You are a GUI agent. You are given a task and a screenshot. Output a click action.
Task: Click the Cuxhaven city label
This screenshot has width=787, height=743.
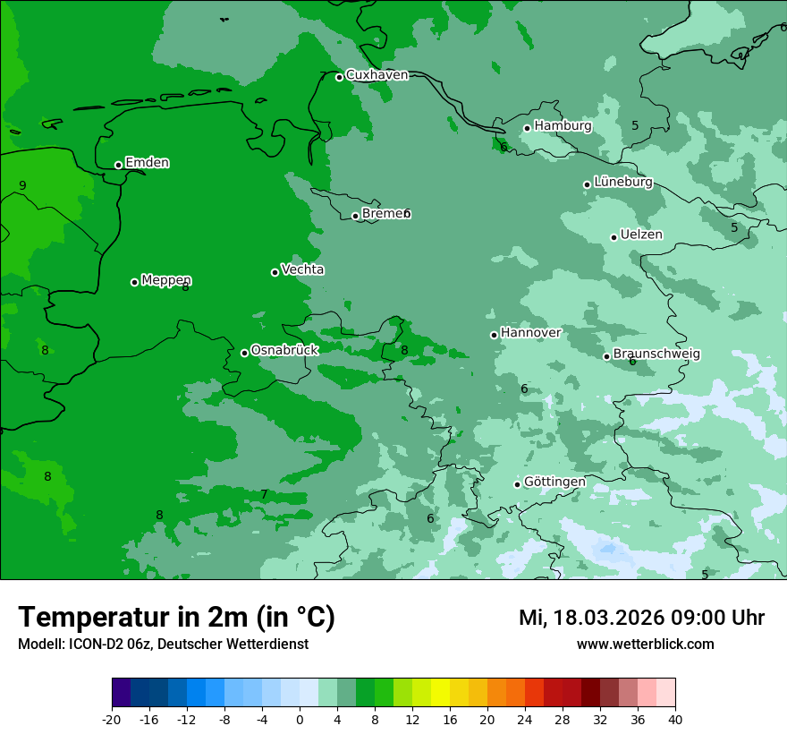(x=377, y=75)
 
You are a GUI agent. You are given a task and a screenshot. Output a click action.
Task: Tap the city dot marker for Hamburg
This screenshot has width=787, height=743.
(x=528, y=128)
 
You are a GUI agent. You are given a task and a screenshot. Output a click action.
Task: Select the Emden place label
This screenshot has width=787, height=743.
(x=147, y=163)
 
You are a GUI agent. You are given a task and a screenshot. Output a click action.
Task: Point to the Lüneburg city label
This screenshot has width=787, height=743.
(x=622, y=182)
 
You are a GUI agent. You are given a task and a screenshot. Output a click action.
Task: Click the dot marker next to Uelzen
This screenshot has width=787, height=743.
(x=614, y=237)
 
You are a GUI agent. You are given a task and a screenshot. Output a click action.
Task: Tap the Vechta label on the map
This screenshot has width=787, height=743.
(x=302, y=269)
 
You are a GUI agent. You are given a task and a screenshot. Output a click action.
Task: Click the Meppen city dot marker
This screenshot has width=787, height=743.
(x=134, y=282)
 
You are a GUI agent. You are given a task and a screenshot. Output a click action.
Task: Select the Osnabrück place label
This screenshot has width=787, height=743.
(x=284, y=350)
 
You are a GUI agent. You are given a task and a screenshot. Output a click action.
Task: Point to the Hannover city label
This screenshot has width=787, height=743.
(x=530, y=333)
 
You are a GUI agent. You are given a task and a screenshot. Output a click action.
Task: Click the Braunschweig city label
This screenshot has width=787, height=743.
(x=656, y=354)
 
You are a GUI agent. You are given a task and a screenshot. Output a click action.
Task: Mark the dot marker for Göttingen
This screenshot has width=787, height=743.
(x=517, y=484)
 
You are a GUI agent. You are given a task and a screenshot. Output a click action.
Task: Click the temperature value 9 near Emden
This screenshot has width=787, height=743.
(x=22, y=186)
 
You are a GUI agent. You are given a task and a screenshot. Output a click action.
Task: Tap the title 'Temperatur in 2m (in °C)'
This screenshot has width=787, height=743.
(x=176, y=617)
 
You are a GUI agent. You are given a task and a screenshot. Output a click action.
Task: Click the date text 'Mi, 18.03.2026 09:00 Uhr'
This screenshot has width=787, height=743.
(x=641, y=618)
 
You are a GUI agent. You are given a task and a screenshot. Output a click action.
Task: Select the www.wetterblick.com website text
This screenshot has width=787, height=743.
(x=645, y=644)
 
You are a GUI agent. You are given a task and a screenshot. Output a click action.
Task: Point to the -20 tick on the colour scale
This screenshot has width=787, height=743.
(x=112, y=719)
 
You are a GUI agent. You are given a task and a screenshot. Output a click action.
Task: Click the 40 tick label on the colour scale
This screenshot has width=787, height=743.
(x=675, y=719)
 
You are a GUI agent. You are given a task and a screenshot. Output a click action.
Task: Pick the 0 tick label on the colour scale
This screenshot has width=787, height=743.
(x=300, y=719)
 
